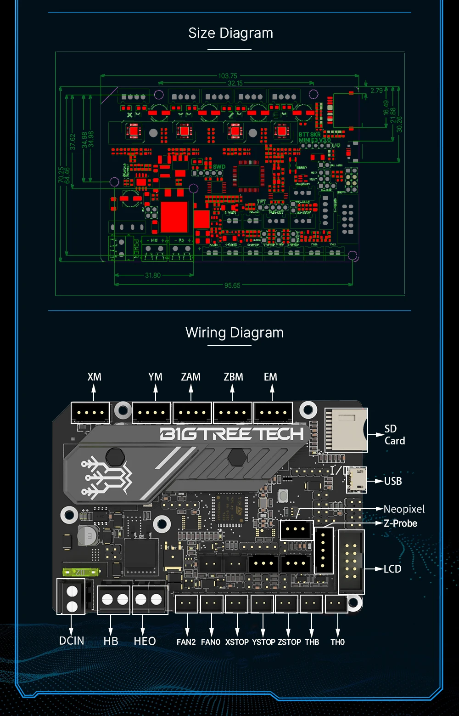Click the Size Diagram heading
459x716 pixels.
[230, 33]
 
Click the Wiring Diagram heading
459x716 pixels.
[234, 333]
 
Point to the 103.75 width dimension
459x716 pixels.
[228, 76]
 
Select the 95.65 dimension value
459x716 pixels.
[232, 285]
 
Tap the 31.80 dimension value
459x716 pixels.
[153, 275]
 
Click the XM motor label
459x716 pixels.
[94, 377]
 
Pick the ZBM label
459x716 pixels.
[233, 377]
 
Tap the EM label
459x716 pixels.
[270, 377]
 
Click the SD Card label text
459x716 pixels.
[394, 435]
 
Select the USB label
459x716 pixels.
[393, 481]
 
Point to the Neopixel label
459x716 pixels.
[404, 509]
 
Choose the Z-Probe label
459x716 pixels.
[401, 523]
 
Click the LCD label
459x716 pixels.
[392, 569]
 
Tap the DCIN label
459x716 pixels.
[72, 641]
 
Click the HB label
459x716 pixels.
[111, 641]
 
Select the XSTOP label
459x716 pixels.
[237, 642]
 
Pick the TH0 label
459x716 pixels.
[337, 642]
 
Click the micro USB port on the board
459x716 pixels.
[357, 480]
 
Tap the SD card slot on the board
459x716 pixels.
[346, 430]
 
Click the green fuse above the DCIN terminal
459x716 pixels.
[81, 572]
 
